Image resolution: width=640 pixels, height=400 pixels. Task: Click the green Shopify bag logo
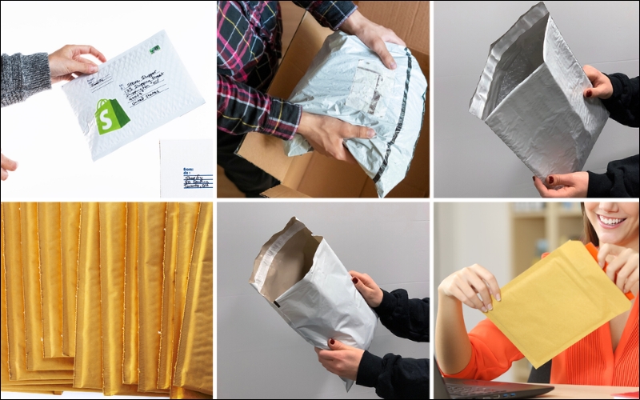111,116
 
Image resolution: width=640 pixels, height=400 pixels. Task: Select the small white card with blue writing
186,168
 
